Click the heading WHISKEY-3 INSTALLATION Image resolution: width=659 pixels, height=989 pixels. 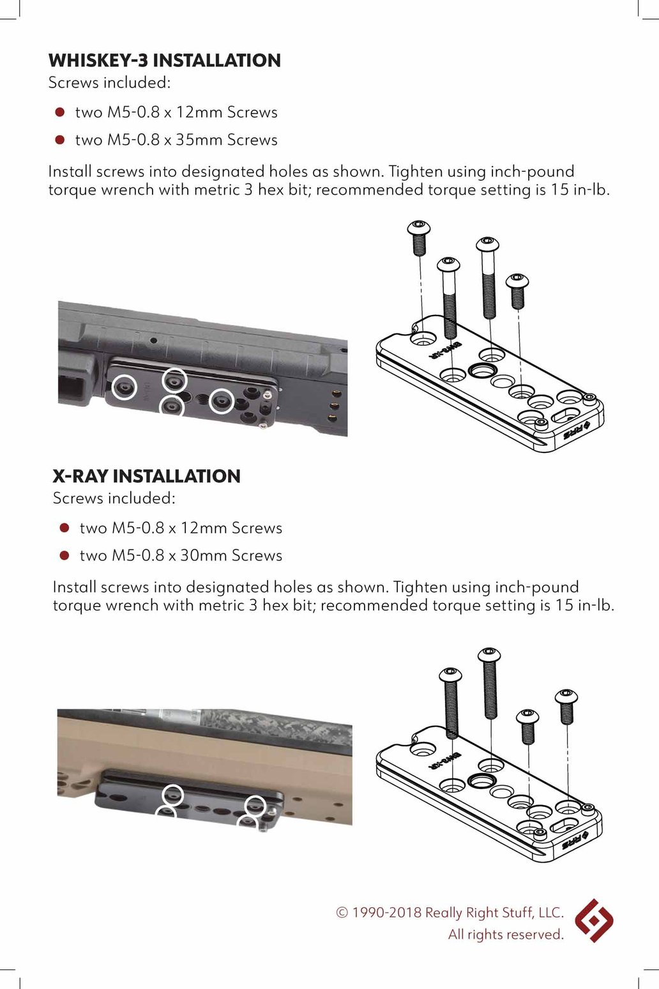pyautogui.click(x=164, y=61)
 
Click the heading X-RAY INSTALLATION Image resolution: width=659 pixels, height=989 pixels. pyautogui.click(x=146, y=476)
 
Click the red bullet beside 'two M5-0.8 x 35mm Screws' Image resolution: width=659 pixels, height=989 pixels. pyautogui.click(x=60, y=140)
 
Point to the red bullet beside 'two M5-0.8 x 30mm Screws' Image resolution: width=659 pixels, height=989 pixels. pyautogui.click(x=64, y=556)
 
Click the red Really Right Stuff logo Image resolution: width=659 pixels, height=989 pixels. pyautogui.click(x=593, y=921)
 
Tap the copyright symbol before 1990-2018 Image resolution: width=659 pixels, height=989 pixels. pyautogui.click(x=342, y=913)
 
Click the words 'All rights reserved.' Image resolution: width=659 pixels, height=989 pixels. pyautogui.click(x=506, y=935)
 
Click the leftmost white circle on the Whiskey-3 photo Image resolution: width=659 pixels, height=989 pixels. pyautogui.click(x=124, y=387)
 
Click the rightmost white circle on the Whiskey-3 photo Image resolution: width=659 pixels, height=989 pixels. pyautogui.click(x=222, y=401)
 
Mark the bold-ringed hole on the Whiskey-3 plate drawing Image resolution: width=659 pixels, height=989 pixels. pyautogui.click(x=481, y=371)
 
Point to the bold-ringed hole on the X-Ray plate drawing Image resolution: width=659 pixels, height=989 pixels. pyautogui.click(x=481, y=780)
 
